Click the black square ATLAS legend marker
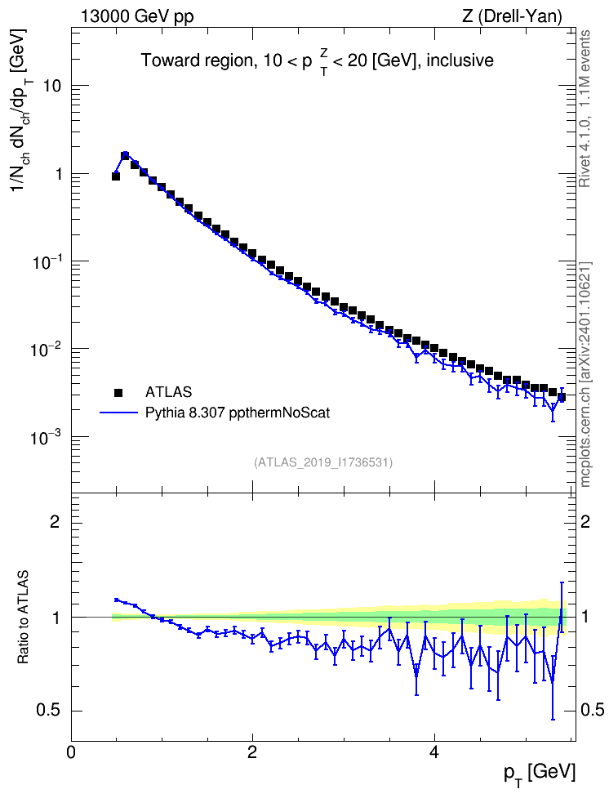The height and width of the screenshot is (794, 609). click(x=118, y=392)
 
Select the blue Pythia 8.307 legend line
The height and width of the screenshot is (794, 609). click(x=119, y=413)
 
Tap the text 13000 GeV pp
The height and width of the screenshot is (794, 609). click(x=137, y=17)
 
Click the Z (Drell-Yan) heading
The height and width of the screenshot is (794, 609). click(x=512, y=16)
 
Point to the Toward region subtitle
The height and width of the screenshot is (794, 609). click(x=318, y=61)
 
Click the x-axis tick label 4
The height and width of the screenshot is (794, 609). click(x=433, y=751)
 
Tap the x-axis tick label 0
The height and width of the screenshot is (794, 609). click(x=71, y=751)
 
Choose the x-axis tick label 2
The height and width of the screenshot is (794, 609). click(x=252, y=751)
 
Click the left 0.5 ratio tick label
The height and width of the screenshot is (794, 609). click(x=48, y=711)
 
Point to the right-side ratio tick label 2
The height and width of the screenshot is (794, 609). click(x=585, y=521)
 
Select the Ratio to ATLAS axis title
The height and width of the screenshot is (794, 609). click(x=23, y=618)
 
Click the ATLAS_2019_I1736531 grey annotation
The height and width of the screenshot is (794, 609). click(x=323, y=462)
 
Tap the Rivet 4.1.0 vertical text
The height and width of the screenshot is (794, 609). click(x=585, y=109)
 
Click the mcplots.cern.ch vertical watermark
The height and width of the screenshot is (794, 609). click(x=585, y=374)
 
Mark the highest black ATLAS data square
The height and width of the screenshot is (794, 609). click(x=125, y=155)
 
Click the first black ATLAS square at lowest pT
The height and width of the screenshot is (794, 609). click(x=116, y=176)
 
